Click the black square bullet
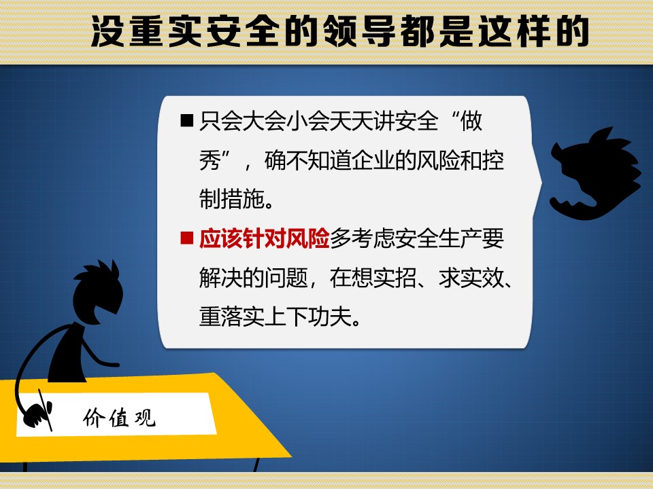pyautogui.click(x=187, y=121)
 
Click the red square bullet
pyautogui.click(x=187, y=238)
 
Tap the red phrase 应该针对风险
pyautogui.click(x=265, y=238)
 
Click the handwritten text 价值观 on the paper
pyautogui.click(x=119, y=418)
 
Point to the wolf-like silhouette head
pyautogui.click(x=596, y=174)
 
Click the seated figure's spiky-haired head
pyautogui.click(x=97, y=292)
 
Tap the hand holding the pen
pyautogui.click(x=37, y=414)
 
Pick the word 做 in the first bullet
pyautogui.click(x=471, y=121)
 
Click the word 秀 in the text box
pyautogui.click(x=210, y=160)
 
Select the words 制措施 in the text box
pyautogui.click(x=232, y=199)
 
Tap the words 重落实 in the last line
pyautogui.click(x=232, y=317)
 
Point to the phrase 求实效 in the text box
pyautogui.click(x=471, y=278)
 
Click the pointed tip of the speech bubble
pyautogui.click(x=542, y=181)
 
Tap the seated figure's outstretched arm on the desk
pyautogui.click(x=100, y=355)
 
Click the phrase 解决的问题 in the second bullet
pyautogui.click(x=254, y=278)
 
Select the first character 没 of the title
pyautogui.click(x=107, y=32)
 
